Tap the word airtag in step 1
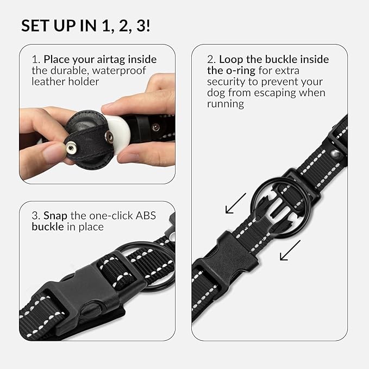tap(124, 59)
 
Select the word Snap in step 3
tap(54, 216)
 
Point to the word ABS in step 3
tap(145, 216)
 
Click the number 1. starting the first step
tap(35, 59)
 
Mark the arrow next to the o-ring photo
tap(235, 204)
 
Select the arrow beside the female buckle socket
tap(290, 252)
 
